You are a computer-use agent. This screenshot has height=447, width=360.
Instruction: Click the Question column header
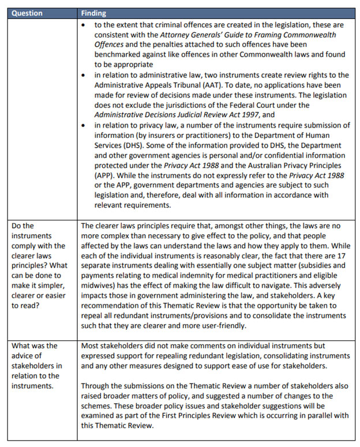coord(27,13)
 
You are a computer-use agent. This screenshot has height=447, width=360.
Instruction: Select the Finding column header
coord(93,13)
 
